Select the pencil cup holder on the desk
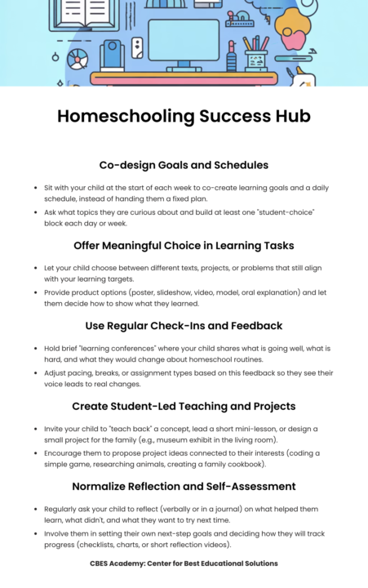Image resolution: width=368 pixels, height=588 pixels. click(255, 59)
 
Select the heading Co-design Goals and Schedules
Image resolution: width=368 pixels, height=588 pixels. click(184, 164)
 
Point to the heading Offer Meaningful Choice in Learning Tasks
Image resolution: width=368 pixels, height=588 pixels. click(184, 244)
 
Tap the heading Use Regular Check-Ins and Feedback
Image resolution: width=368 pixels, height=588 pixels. click(184, 325)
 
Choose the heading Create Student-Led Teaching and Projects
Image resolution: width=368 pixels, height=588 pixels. click(184, 405)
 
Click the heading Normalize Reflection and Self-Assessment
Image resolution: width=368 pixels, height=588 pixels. click(184, 486)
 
